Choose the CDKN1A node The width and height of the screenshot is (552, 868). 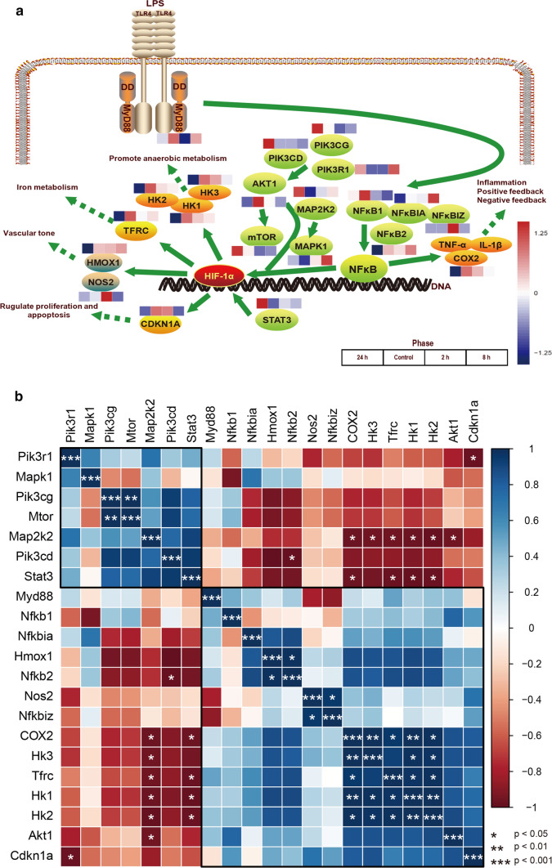(x=159, y=331)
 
